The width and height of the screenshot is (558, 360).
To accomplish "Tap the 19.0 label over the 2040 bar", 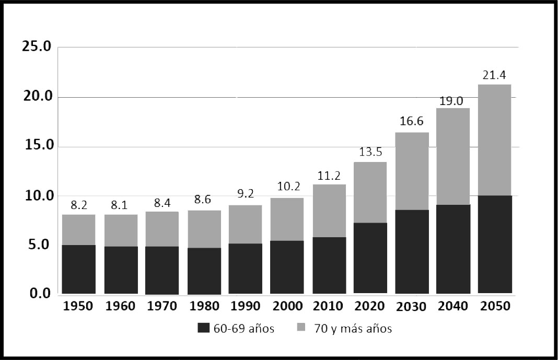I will tap(453, 100).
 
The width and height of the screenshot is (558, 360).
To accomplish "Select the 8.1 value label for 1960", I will tap(120, 205).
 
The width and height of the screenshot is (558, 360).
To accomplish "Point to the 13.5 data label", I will tap(369, 153).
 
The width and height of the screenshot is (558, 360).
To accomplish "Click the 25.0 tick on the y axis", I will tap(36, 47).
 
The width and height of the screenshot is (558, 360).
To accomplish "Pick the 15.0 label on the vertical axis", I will tap(36, 146).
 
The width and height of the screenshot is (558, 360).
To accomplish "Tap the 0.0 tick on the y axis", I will tap(40, 294).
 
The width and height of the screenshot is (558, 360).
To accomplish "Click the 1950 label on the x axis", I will tap(78, 307).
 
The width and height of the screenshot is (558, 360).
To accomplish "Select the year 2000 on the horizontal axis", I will tap(286, 307).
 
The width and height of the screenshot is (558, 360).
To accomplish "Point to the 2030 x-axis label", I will tap(412, 307).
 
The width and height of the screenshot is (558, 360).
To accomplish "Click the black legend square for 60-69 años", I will tap(203, 328).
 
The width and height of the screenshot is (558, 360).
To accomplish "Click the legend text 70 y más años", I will tap(353, 329).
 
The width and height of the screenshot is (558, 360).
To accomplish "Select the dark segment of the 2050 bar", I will tap(494, 245).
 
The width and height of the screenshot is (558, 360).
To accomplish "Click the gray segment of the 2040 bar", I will tap(453, 156).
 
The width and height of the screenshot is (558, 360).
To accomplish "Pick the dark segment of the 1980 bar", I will tap(203, 271).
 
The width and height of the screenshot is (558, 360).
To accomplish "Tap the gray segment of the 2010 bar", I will tap(329, 211).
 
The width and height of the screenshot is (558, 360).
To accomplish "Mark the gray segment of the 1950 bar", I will tap(78, 229).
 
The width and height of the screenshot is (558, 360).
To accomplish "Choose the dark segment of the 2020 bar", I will tap(369, 258).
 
